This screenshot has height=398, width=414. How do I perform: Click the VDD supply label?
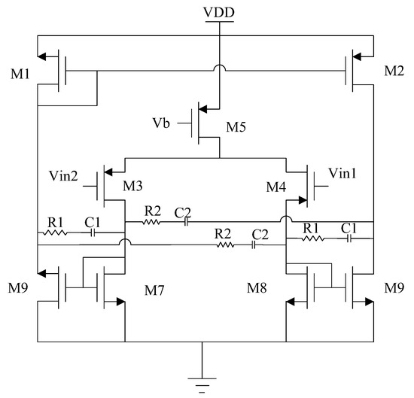[218, 13]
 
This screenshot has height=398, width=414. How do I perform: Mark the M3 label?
[132, 186]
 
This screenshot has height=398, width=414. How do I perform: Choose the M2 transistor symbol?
[357, 72]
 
